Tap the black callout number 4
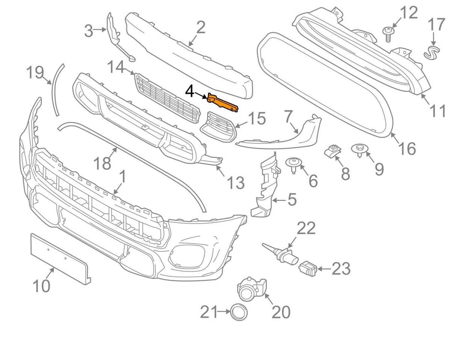coord(190,91)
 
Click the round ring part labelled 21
coord(238,312)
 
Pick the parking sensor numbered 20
coord(250,290)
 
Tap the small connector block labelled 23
coord(308,268)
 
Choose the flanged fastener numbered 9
coord(360,150)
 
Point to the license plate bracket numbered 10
coord(60,256)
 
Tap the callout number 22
coord(306,228)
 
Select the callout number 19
coord(35,73)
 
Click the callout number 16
coord(407,148)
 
